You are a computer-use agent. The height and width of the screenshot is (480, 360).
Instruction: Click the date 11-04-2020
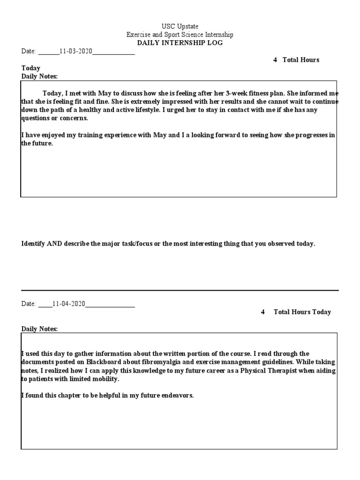(69, 304)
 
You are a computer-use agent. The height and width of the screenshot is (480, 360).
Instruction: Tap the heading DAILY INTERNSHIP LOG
(180, 43)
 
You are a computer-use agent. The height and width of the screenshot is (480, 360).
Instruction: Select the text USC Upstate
(180, 26)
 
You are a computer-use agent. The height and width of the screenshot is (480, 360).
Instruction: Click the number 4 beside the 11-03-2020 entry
(275, 60)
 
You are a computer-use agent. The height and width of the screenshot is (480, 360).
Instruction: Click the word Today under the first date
(31, 68)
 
